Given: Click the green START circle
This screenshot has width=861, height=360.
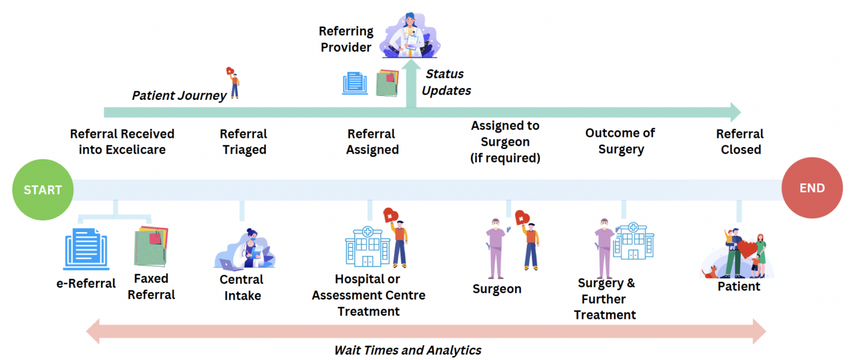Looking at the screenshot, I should [43, 190].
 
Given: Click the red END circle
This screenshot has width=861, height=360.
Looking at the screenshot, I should [812, 188].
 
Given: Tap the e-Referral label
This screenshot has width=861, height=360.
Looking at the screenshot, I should [86, 283].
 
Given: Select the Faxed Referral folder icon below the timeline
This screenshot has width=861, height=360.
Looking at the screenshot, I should [150, 246].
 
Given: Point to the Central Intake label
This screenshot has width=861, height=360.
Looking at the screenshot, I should [242, 287].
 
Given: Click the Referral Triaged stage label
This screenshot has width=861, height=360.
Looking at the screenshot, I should [243, 142].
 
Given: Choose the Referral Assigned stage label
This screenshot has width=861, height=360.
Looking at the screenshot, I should [372, 142].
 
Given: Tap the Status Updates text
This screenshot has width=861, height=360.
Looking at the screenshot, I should [446, 82].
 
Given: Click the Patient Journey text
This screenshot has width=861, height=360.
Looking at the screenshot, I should [179, 96].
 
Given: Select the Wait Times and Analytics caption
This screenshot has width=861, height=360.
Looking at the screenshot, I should [408, 350].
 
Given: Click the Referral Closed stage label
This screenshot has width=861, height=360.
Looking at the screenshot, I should [740, 142].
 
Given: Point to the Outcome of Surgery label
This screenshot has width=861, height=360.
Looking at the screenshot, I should [621, 141].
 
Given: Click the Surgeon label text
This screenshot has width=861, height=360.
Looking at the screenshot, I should [497, 289].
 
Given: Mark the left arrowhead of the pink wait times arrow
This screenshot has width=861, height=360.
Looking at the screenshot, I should [94, 331].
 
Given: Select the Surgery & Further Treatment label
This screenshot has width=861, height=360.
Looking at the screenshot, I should [605, 299].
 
